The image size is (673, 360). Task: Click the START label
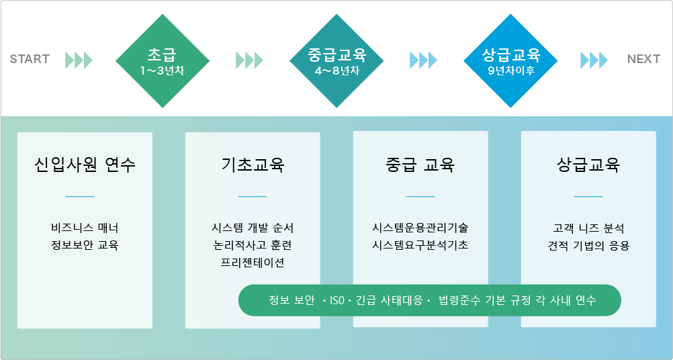click(x=30, y=59)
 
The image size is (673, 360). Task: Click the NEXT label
click(x=643, y=59)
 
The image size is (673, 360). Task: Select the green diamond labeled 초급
click(x=163, y=61)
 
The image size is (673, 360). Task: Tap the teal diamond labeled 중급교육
click(x=336, y=61)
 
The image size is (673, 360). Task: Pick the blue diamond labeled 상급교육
click(x=510, y=61)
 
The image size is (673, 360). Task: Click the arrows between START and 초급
click(x=79, y=60)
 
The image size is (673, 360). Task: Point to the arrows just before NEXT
click(x=594, y=60)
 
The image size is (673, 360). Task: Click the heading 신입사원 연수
click(x=85, y=165)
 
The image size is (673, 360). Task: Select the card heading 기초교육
click(x=253, y=165)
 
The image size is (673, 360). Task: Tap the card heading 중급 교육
click(x=420, y=165)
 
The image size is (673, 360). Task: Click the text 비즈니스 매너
click(x=85, y=228)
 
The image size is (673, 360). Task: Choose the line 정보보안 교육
click(x=85, y=245)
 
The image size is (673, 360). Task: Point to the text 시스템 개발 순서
click(x=253, y=228)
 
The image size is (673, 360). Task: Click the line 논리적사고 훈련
click(x=253, y=245)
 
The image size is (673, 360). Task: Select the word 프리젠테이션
click(x=253, y=263)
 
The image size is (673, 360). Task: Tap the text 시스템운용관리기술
click(x=420, y=228)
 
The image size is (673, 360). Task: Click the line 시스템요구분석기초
click(x=420, y=245)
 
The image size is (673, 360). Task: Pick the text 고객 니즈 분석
click(x=588, y=228)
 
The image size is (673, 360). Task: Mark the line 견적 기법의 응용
click(x=588, y=245)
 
